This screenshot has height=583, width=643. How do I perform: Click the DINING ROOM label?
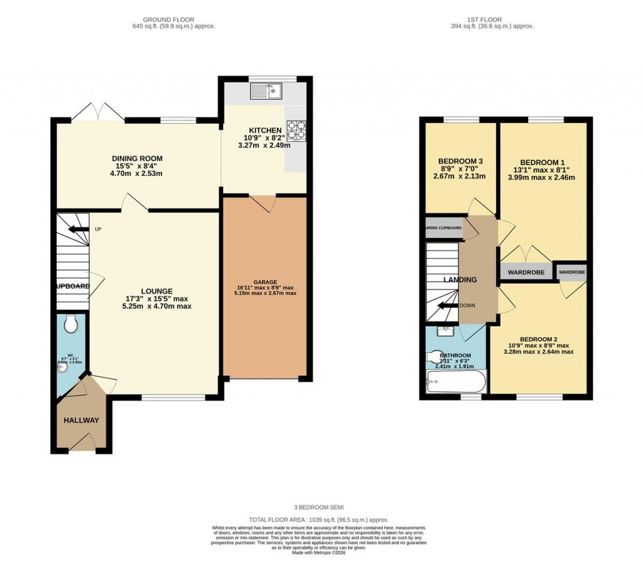(137, 158)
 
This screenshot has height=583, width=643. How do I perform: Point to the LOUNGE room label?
(157, 291)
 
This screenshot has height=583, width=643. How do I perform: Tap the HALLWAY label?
(81, 420)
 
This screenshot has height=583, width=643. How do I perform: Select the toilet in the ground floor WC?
(71, 324)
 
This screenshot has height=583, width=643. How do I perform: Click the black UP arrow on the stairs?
(78, 229)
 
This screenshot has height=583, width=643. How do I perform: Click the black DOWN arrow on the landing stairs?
(447, 306)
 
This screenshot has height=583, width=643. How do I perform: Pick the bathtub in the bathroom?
(456, 381)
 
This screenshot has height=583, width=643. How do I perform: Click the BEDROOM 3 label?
(460, 160)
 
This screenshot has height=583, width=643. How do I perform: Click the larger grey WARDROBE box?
(526, 273)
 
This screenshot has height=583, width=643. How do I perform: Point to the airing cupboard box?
(445, 229)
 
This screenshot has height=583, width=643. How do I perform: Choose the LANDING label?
(460, 280)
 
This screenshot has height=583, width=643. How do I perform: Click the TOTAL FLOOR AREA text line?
(319, 520)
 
